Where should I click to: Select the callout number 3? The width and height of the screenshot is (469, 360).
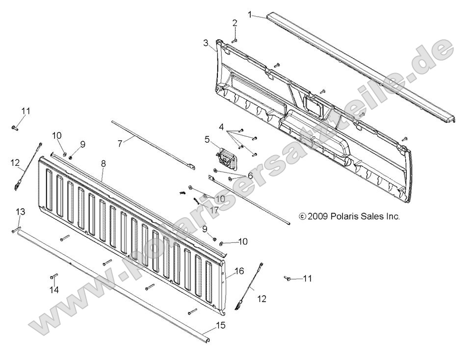point(206,43)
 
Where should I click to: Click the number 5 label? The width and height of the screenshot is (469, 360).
point(208,139)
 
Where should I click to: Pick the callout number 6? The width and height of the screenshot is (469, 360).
point(250,175)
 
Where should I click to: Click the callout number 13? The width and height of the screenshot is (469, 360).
point(20,211)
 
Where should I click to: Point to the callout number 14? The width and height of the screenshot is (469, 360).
point(54,290)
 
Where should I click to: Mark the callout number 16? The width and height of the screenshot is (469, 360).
point(239,270)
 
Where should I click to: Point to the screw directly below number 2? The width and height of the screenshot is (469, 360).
point(234,40)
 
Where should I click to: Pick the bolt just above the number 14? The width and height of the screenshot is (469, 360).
point(53,276)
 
